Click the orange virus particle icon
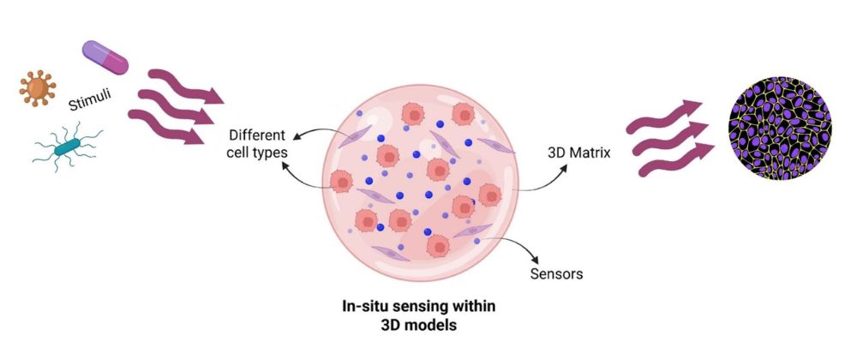tap(37, 87)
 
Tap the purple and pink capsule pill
tap(105, 57)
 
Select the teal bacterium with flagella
tap(66, 147)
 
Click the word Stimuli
tap(90, 99)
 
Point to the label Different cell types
tap(257, 144)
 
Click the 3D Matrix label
tap(578, 153)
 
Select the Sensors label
tap(556, 273)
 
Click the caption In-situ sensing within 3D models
tap(419, 315)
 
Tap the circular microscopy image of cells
tap(780, 129)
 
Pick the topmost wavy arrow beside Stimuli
tap(185, 87)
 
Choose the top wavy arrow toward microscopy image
tap(664, 117)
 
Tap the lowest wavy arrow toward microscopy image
tap(677, 159)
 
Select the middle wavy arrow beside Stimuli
tap(176, 107)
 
